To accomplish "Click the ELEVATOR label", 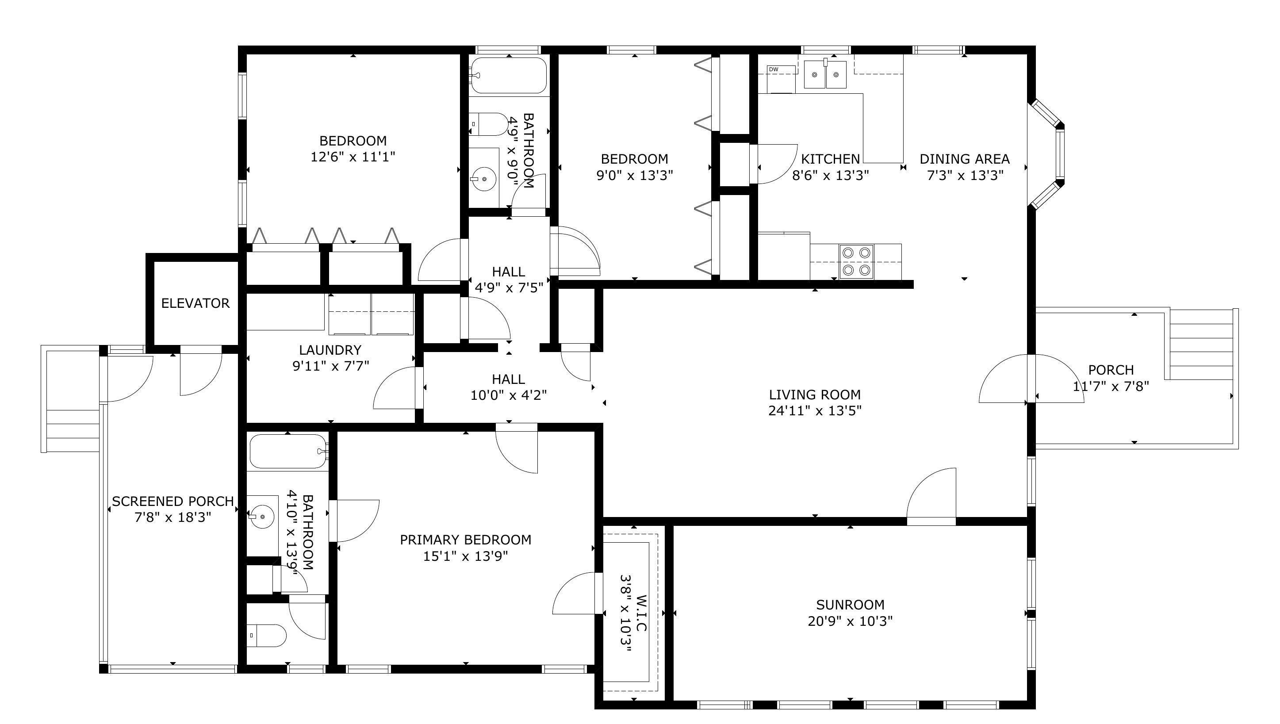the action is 195,303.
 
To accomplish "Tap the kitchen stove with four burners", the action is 856,261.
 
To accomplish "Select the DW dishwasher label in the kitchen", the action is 773,69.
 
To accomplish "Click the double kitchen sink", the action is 825,75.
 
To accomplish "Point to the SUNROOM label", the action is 851,605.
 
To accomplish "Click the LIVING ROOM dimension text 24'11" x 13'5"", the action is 815,411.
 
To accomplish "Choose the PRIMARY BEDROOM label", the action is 465,540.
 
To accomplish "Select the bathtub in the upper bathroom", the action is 509,76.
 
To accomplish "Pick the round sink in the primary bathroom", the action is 262,517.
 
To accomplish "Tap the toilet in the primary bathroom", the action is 267,636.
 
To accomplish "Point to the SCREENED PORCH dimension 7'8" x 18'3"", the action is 172,517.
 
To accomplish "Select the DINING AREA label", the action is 965,159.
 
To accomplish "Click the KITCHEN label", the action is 831,159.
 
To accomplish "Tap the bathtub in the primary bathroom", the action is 288,452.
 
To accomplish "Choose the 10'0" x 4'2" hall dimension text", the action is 509,395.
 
